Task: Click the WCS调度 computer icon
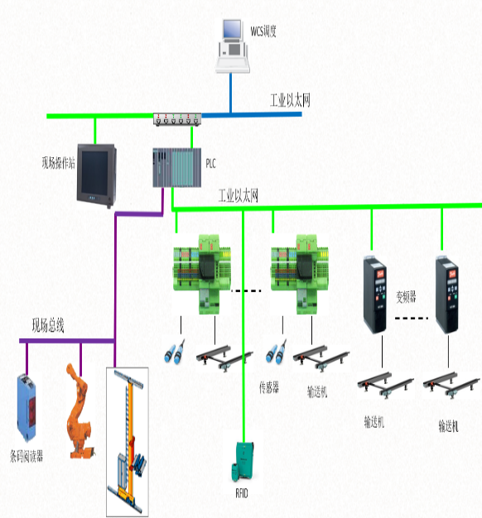tap(233, 46)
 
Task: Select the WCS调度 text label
tap(263, 31)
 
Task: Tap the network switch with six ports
tap(177, 119)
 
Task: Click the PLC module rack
tap(177, 167)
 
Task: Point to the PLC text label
tap(210, 163)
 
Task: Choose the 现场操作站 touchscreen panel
tap(97, 175)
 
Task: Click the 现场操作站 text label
tap(58, 163)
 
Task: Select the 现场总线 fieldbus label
tap(48, 326)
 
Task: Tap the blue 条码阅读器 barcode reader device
tap(27, 407)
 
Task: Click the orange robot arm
tap(80, 410)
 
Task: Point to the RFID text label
tap(242, 493)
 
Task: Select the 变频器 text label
tap(406, 297)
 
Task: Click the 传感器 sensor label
tap(269, 387)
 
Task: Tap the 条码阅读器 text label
tap(27, 456)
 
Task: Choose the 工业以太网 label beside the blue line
tap(290, 100)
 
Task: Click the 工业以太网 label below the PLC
tap(238, 195)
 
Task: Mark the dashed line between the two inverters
tap(412, 318)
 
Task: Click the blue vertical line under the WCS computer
tap(231, 94)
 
